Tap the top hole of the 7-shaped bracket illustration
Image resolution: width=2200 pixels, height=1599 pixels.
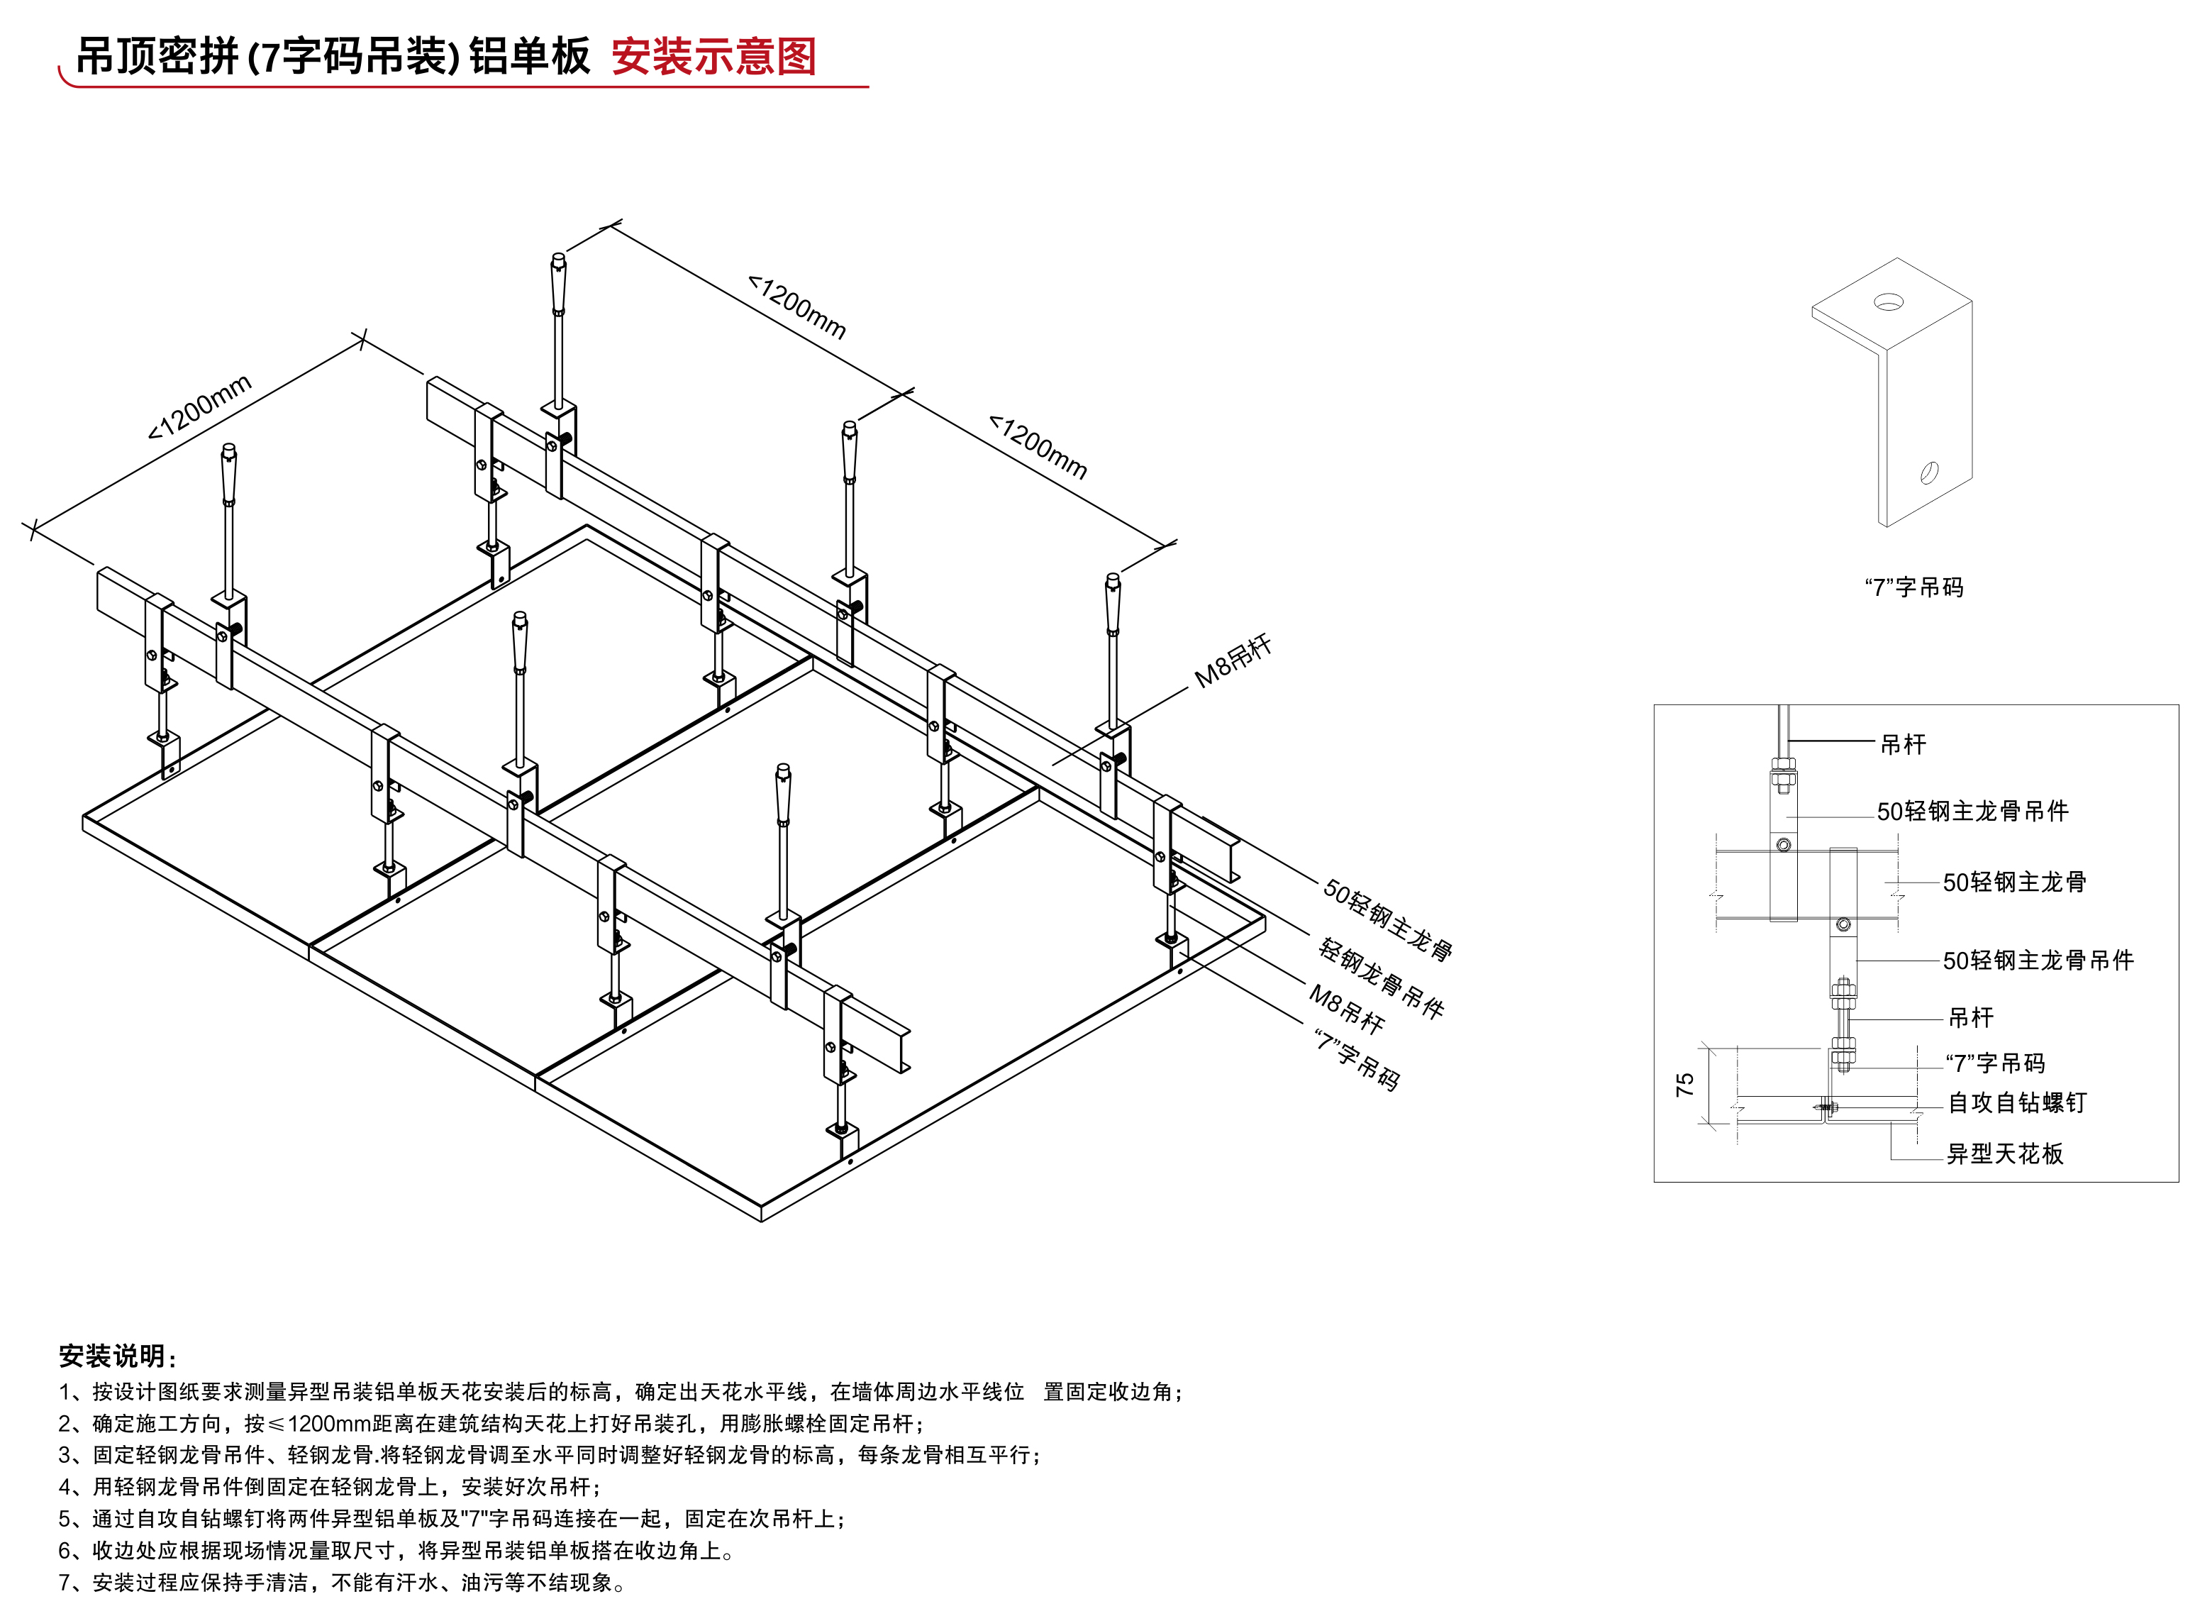click(x=1888, y=303)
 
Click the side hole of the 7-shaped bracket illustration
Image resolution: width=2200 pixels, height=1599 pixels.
click(x=1929, y=472)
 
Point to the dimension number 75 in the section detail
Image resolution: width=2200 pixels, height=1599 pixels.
click(x=1685, y=1085)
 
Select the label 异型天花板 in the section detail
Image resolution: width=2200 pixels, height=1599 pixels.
click(x=2005, y=1153)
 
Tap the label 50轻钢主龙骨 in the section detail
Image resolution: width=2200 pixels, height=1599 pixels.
click(x=2013, y=882)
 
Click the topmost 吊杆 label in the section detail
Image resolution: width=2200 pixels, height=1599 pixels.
click(x=1903, y=744)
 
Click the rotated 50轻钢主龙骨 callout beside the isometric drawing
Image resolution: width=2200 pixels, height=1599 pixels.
click(x=1388, y=920)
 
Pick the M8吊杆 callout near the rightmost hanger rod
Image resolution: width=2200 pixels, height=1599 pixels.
click(x=1233, y=662)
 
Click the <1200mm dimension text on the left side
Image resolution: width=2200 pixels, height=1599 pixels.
click(x=200, y=406)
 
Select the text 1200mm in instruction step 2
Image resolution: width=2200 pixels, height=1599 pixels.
click(x=330, y=1423)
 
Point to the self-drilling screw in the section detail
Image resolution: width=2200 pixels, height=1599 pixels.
click(x=1826, y=1106)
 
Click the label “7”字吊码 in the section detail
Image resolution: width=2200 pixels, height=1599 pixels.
click(x=1995, y=1063)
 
